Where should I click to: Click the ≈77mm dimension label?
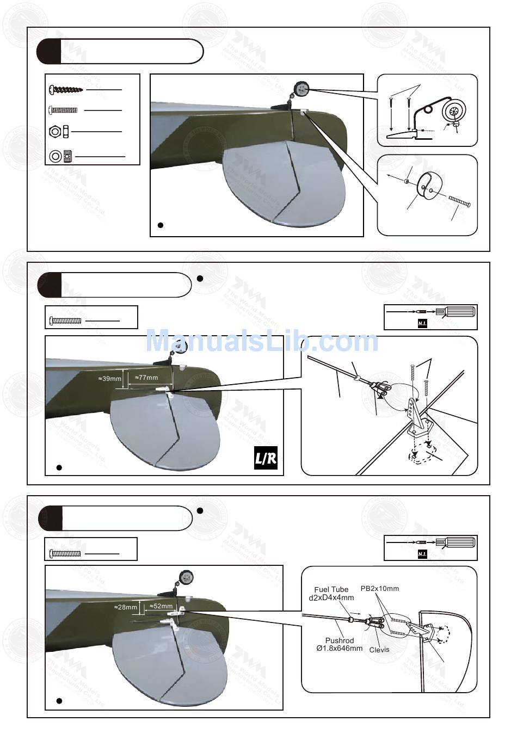click(146, 377)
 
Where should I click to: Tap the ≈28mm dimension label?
click(125, 607)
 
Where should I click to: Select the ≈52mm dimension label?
click(161, 606)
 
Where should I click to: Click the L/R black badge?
click(266, 459)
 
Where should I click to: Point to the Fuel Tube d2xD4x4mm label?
click(331, 593)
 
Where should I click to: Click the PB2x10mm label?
click(380, 588)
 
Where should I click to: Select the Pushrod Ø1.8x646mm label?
click(339, 644)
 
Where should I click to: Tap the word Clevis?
click(379, 650)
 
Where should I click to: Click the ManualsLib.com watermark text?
click(262, 342)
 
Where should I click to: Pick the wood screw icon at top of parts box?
click(66, 89)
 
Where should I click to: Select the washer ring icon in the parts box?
click(56, 156)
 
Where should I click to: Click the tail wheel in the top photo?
click(301, 88)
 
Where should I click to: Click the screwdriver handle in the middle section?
click(460, 312)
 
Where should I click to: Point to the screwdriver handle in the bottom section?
click(460, 542)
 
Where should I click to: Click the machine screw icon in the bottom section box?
click(65, 553)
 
